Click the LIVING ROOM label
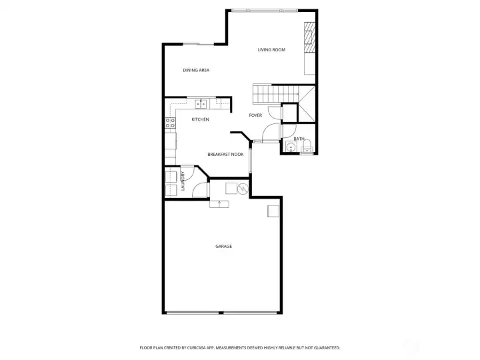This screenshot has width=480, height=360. (x=271, y=50)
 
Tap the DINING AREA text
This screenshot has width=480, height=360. (x=197, y=70)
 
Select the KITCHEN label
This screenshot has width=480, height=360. (x=200, y=119)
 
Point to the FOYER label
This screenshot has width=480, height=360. (x=255, y=115)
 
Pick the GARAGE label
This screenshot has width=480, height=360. (x=223, y=247)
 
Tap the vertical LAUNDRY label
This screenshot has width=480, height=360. (x=182, y=182)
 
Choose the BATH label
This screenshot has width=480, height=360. (x=299, y=139)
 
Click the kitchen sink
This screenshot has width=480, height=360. (x=201, y=103)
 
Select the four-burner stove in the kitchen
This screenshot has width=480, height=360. (x=170, y=123)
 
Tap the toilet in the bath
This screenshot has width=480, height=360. (x=307, y=148)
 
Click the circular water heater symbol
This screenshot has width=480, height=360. (x=243, y=189)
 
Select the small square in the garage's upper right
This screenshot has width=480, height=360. (x=273, y=211)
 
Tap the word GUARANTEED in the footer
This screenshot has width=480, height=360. (x=326, y=347)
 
